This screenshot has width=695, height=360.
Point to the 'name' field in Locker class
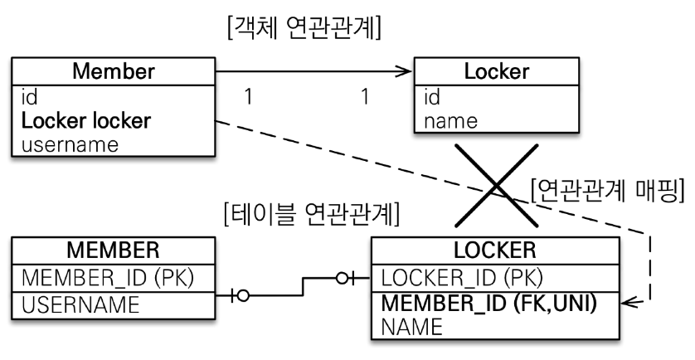pos(450,121)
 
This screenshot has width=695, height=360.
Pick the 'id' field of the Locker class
pos(431,98)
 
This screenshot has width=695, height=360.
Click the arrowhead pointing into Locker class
pos(406,72)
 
